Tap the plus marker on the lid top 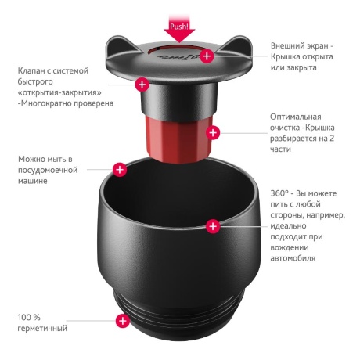207,56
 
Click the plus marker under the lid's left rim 142,83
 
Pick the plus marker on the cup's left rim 120,168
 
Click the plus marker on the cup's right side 212,226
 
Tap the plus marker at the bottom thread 122,320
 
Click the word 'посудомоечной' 51,170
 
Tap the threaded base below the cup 179,321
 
